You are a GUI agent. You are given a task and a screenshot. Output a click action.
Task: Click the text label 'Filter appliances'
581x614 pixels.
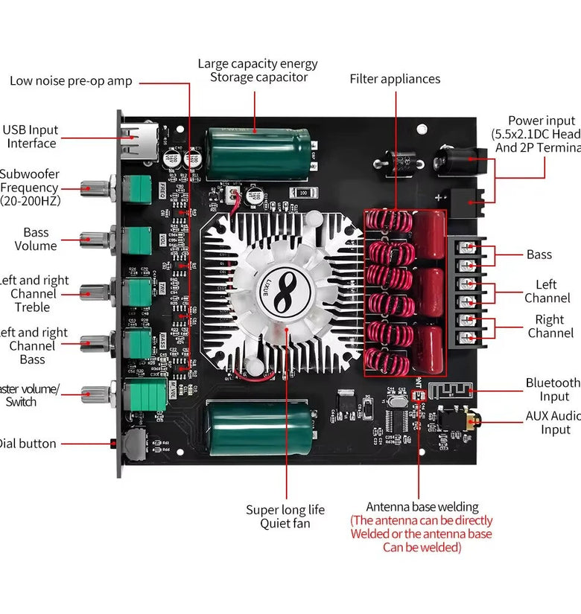395,79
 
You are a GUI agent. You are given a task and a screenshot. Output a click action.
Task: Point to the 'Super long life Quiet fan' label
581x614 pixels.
285,517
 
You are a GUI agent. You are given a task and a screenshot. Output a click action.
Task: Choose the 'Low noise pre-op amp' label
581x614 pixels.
71,80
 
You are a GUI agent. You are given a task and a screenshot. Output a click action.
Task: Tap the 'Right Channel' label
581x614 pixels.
550,326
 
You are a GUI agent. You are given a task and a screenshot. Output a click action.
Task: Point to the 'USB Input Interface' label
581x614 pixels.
31,136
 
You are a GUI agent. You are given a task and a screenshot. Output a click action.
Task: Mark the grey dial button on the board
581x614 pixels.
133,444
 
